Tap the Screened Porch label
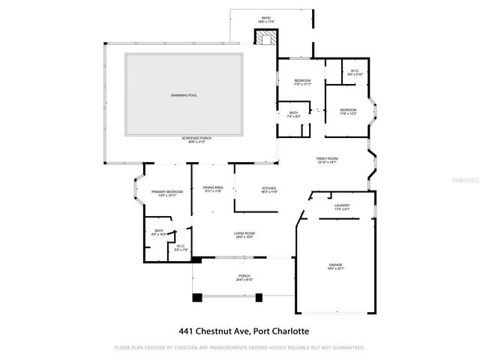tap(193, 140)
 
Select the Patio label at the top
tap(265, 19)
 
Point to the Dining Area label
tap(214, 189)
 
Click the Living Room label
tap(244, 235)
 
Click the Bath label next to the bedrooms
tap(292, 115)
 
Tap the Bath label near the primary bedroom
tap(158, 232)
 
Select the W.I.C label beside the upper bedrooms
tap(355, 73)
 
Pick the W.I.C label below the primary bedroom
tap(180, 247)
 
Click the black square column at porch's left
tap(197, 298)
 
